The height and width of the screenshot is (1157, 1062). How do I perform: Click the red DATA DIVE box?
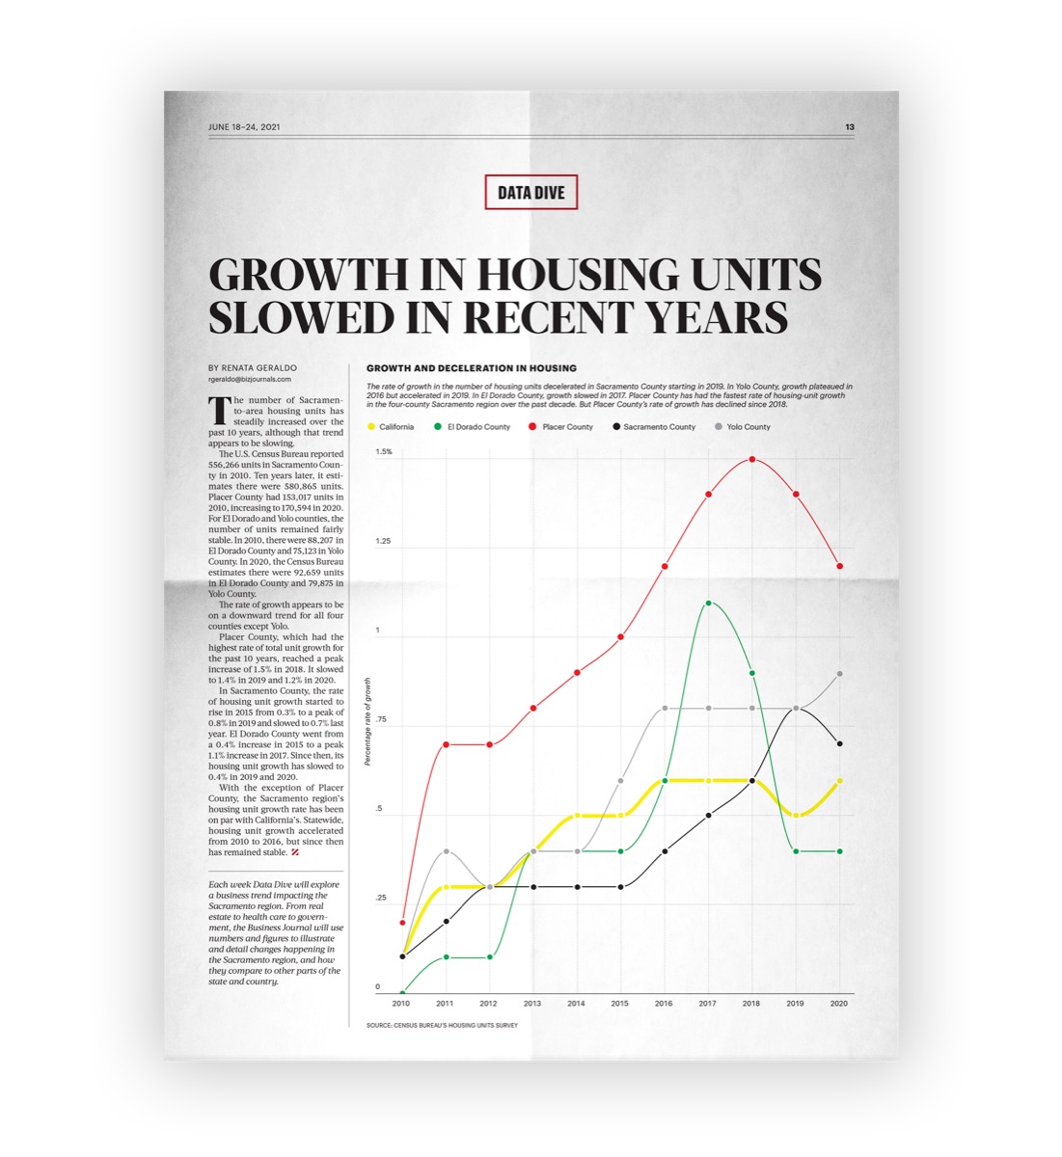tap(531, 192)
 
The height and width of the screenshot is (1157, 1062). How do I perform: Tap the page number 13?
tap(849, 127)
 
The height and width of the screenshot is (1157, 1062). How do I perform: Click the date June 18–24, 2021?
tap(244, 127)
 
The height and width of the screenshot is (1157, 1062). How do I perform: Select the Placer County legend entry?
tap(560, 427)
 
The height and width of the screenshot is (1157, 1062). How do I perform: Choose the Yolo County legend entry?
tap(743, 427)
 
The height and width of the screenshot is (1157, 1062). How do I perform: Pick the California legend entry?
tap(391, 427)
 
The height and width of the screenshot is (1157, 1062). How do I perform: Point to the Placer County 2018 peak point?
tap(752, 459)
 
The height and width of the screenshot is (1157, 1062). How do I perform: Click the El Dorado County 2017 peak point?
tap(708, 603)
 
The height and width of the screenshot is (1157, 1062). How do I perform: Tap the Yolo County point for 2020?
tap(840, 674)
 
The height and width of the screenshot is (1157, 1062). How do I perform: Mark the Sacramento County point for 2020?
tap(840, 744)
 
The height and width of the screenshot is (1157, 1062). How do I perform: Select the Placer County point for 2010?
tap(403, 923)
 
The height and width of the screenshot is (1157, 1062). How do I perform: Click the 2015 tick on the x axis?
tap(620, 1004)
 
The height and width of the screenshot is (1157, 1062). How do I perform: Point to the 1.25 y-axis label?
tap(383, 541)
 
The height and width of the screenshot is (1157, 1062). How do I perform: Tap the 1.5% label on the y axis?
tap(384, 451)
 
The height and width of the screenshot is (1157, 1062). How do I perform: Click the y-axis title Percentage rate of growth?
tap(368, 721)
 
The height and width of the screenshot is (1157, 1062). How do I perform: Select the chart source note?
tap(442, 1026)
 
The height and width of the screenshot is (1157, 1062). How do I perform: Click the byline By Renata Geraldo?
tap(253, 368)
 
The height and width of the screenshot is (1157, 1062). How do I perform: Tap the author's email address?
tap(250, 380)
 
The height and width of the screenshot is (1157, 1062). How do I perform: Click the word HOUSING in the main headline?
tap(579, 275)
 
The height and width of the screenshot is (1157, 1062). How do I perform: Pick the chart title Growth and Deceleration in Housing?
tap(472, 368)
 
